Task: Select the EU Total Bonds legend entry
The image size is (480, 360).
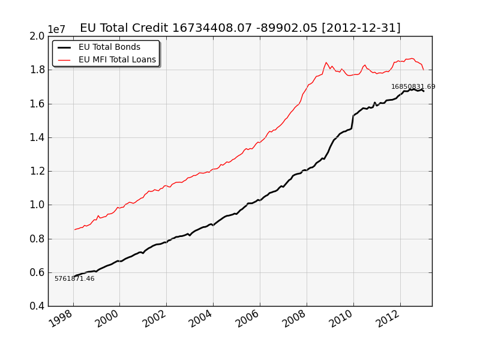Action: point(109,47)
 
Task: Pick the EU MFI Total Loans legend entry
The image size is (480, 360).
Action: point(117,59)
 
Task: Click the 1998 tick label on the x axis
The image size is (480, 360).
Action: point(61,319)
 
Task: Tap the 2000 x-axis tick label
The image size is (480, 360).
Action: point(107,319)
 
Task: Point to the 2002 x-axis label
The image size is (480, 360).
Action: point(154,319)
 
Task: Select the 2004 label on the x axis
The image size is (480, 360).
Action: point(201,319)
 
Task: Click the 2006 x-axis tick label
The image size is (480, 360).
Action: point(248,319)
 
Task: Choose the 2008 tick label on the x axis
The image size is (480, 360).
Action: point(294,319)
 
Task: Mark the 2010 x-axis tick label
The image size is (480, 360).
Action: point(341,319)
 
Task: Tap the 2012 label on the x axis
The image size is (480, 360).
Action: point(388,319)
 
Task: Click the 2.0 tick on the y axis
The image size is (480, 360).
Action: point(37,36)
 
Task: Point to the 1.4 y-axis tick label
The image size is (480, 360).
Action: point(37,137)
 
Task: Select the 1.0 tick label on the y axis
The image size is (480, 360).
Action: point(37,205)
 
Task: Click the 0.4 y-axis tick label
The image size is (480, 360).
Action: point(37,306)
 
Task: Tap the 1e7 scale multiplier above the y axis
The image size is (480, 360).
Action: point(57,30)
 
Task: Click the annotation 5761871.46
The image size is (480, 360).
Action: point(74,278)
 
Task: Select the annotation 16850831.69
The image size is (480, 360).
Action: point(413,87)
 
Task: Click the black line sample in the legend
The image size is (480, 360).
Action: point(64,47)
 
